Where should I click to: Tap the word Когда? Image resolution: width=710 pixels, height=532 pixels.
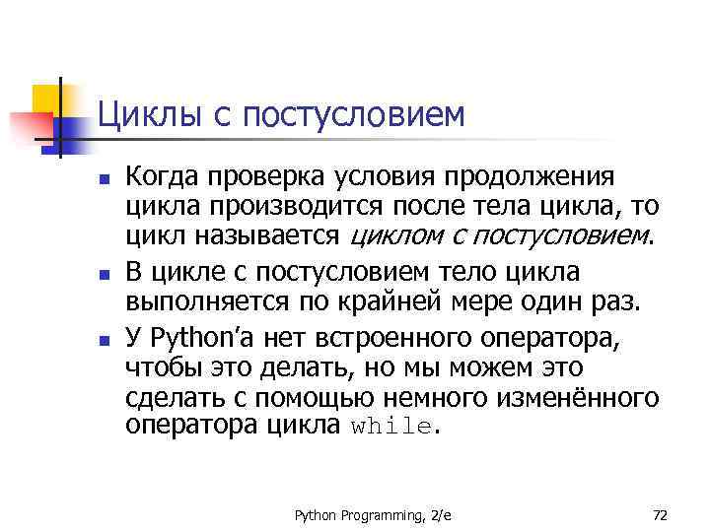point(163,178)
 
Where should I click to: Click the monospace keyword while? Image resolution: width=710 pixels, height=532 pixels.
point(391,428)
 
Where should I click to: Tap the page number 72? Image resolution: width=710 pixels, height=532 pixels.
point(660,514)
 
